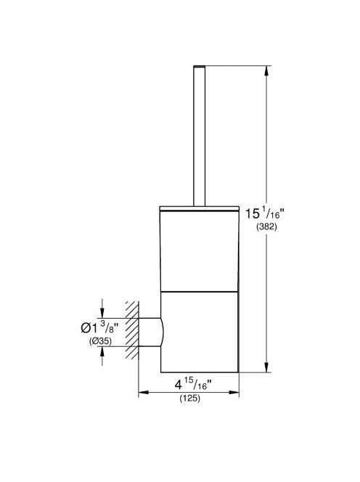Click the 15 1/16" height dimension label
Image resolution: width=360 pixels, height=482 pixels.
(x=265, y=213)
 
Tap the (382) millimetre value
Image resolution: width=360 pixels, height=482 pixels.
(x=266, y=227)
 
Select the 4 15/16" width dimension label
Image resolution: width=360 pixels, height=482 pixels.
(x=193, y=385)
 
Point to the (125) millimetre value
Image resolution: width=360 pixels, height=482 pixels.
(x=189, y=399)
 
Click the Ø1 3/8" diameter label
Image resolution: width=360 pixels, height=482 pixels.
(x=99, y=327)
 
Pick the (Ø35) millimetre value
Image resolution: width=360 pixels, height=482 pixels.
(x=100, y=341)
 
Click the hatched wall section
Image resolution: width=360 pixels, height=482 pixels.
(x=132, y=330)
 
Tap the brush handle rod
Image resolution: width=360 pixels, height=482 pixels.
(x=199, y=136)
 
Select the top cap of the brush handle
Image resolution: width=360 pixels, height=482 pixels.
(x=199, y=66)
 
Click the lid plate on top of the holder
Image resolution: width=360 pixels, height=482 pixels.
(x=199, y=209)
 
